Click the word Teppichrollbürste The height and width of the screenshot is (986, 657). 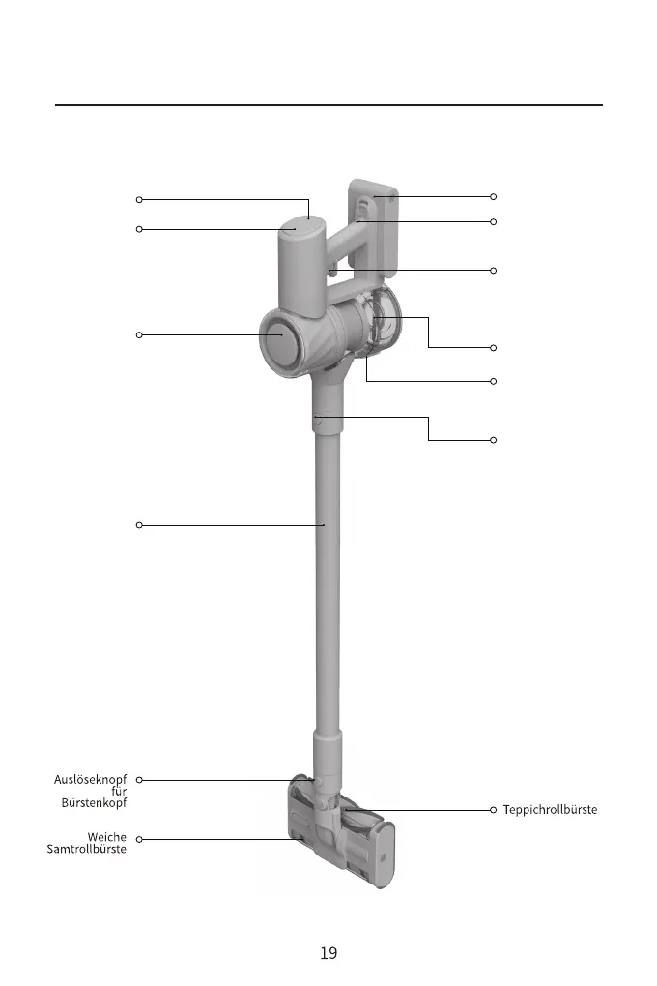[550, 809]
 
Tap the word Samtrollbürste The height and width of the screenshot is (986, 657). [87, 849]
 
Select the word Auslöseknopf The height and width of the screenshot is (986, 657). [90, 779]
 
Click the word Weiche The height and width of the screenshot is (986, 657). [107, 837]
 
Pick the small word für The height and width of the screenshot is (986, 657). [120, 791]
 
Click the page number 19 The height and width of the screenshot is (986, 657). [328, 953]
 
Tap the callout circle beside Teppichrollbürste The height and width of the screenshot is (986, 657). [493, 809]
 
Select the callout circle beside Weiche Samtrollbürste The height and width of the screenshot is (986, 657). [139, 839]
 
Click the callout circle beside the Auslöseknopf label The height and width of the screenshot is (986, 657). [139, 779]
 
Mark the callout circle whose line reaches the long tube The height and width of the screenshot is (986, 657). [139, 525]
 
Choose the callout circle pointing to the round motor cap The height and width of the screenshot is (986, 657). [139, 335]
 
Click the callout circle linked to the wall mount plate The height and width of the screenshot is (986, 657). [493, 197]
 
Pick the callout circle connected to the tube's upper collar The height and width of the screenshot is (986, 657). [493, 441]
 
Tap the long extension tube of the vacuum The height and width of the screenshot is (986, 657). [327, 580]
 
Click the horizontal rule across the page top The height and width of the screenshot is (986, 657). [328, 104]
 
